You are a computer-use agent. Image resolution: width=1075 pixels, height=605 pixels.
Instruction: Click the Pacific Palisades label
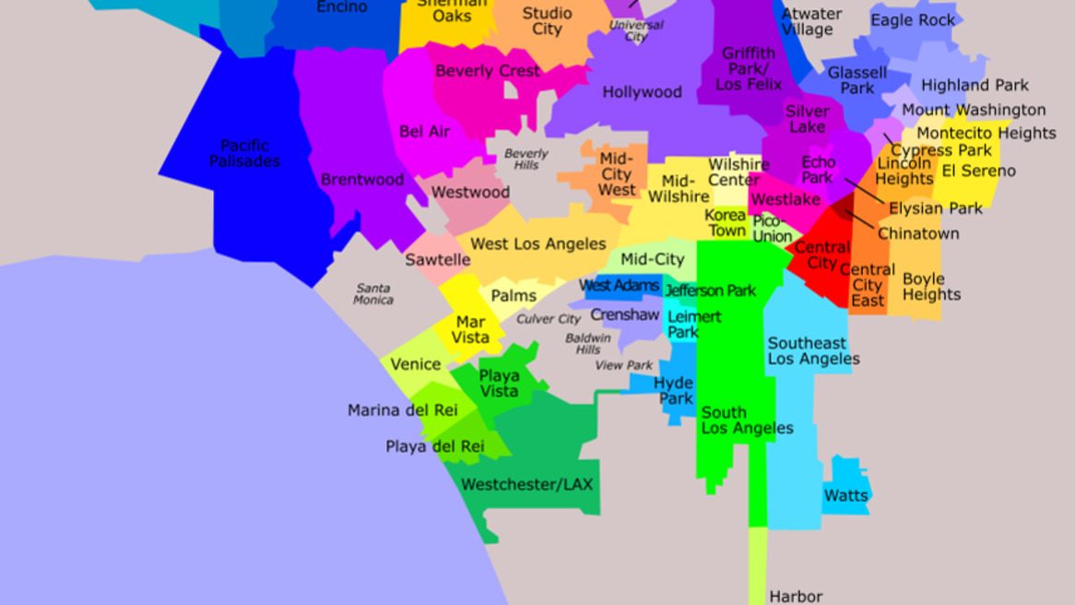tap(244, 153)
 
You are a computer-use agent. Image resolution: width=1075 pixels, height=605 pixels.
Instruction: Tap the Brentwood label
tap(362, 180)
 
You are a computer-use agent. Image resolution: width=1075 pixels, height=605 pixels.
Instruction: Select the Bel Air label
tap(424, 132)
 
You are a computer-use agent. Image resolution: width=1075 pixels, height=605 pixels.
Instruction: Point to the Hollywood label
tap(642, 92)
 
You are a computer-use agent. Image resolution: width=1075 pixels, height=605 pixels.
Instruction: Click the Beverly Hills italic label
tap(526, 159)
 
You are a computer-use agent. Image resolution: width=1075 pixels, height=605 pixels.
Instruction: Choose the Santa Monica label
tap(373, 293)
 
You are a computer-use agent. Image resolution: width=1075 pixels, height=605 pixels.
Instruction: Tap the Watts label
tap(845, 495)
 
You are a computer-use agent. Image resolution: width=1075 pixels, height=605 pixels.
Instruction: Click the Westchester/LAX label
tap(527, 484)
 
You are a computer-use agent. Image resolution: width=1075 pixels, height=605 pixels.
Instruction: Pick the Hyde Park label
tap(675, 391)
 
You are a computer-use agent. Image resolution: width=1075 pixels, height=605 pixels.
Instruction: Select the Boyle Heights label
tap(930, 286)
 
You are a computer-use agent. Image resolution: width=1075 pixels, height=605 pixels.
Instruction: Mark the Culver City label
tap(548, 319)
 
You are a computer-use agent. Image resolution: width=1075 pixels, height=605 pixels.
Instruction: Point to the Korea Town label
tap(727, 222)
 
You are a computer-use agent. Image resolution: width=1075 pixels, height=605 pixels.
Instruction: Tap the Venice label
tap(415, 364)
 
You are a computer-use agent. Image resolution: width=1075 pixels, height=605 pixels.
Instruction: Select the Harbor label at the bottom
tap(795, 597)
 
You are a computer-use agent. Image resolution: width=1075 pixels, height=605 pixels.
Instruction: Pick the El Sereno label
tap(978, 171)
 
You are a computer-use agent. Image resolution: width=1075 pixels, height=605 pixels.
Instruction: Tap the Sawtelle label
tap(438, 260)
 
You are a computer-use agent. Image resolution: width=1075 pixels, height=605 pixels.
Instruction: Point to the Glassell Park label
tap(856, 80)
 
